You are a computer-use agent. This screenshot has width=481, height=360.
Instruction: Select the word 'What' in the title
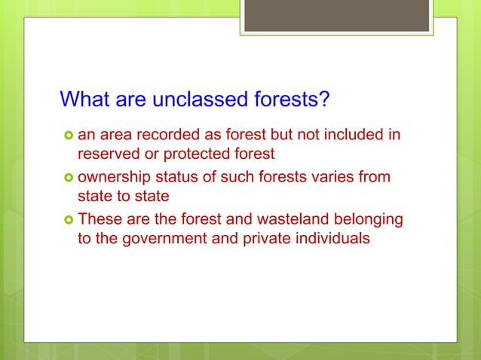(84, 99)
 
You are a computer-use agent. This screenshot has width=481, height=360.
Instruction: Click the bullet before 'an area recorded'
(66, 136)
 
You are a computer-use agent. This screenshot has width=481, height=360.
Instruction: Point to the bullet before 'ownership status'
(66, 178)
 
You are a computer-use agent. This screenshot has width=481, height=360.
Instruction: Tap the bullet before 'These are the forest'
(66, 221)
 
